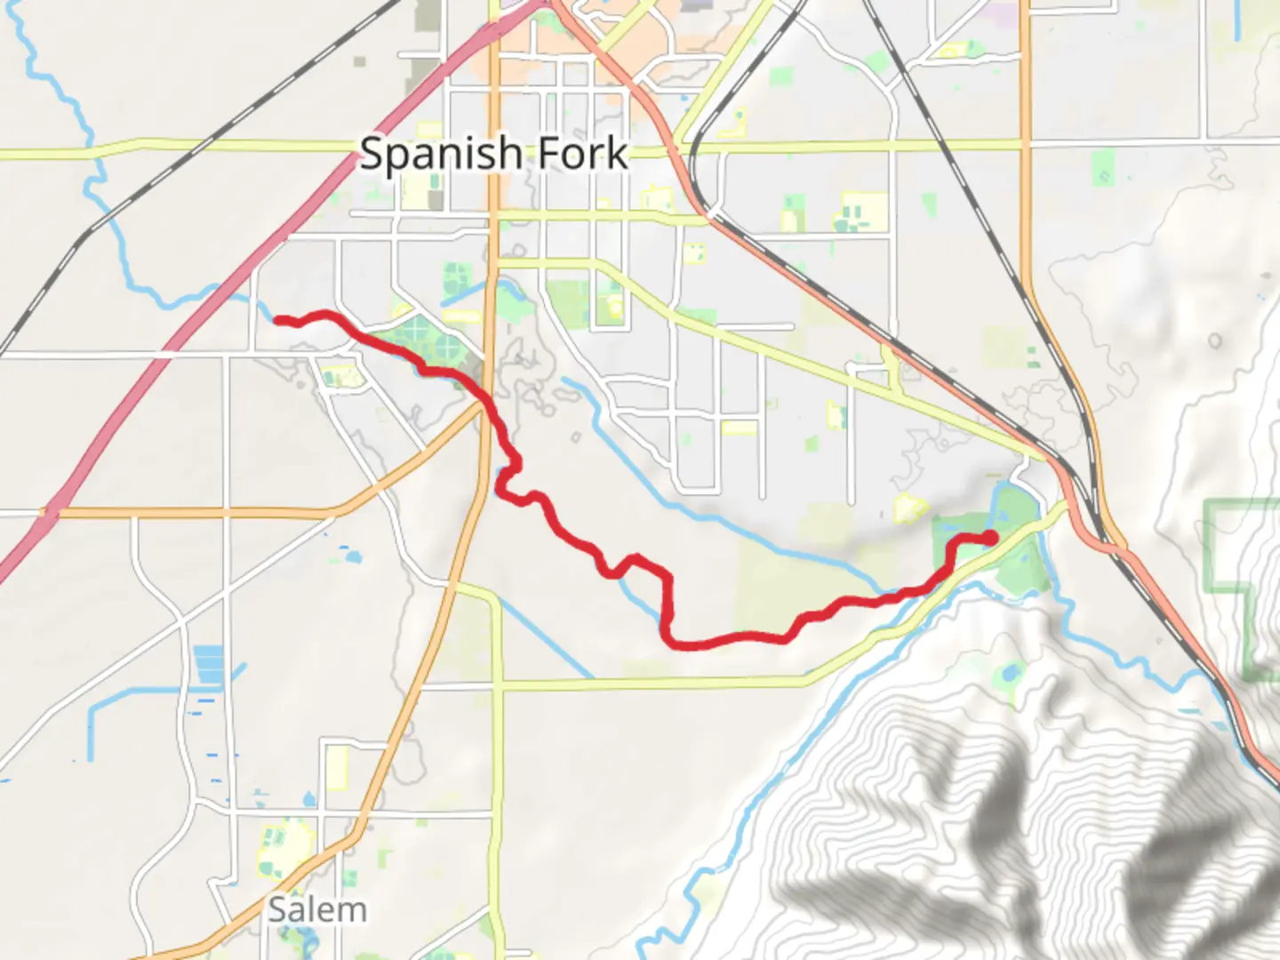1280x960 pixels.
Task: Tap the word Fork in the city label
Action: pos(583,155)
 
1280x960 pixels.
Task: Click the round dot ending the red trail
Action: pos(989,537)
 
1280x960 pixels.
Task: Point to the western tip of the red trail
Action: pos(276,319)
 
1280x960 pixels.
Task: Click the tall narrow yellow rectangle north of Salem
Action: pos(336,768)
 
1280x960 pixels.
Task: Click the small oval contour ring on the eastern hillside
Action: pos(1215,341)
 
